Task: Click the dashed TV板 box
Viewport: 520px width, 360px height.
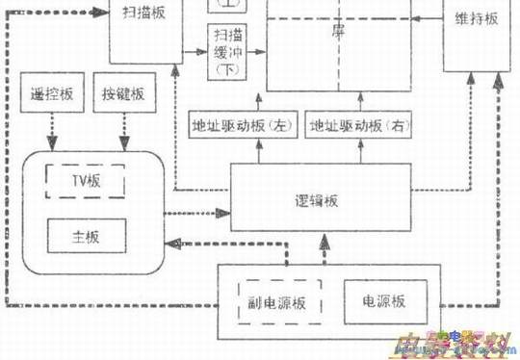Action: [87, 181]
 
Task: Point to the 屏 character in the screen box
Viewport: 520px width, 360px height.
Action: [338, 30]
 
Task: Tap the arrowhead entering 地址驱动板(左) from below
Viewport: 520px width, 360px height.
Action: [253, 143]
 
